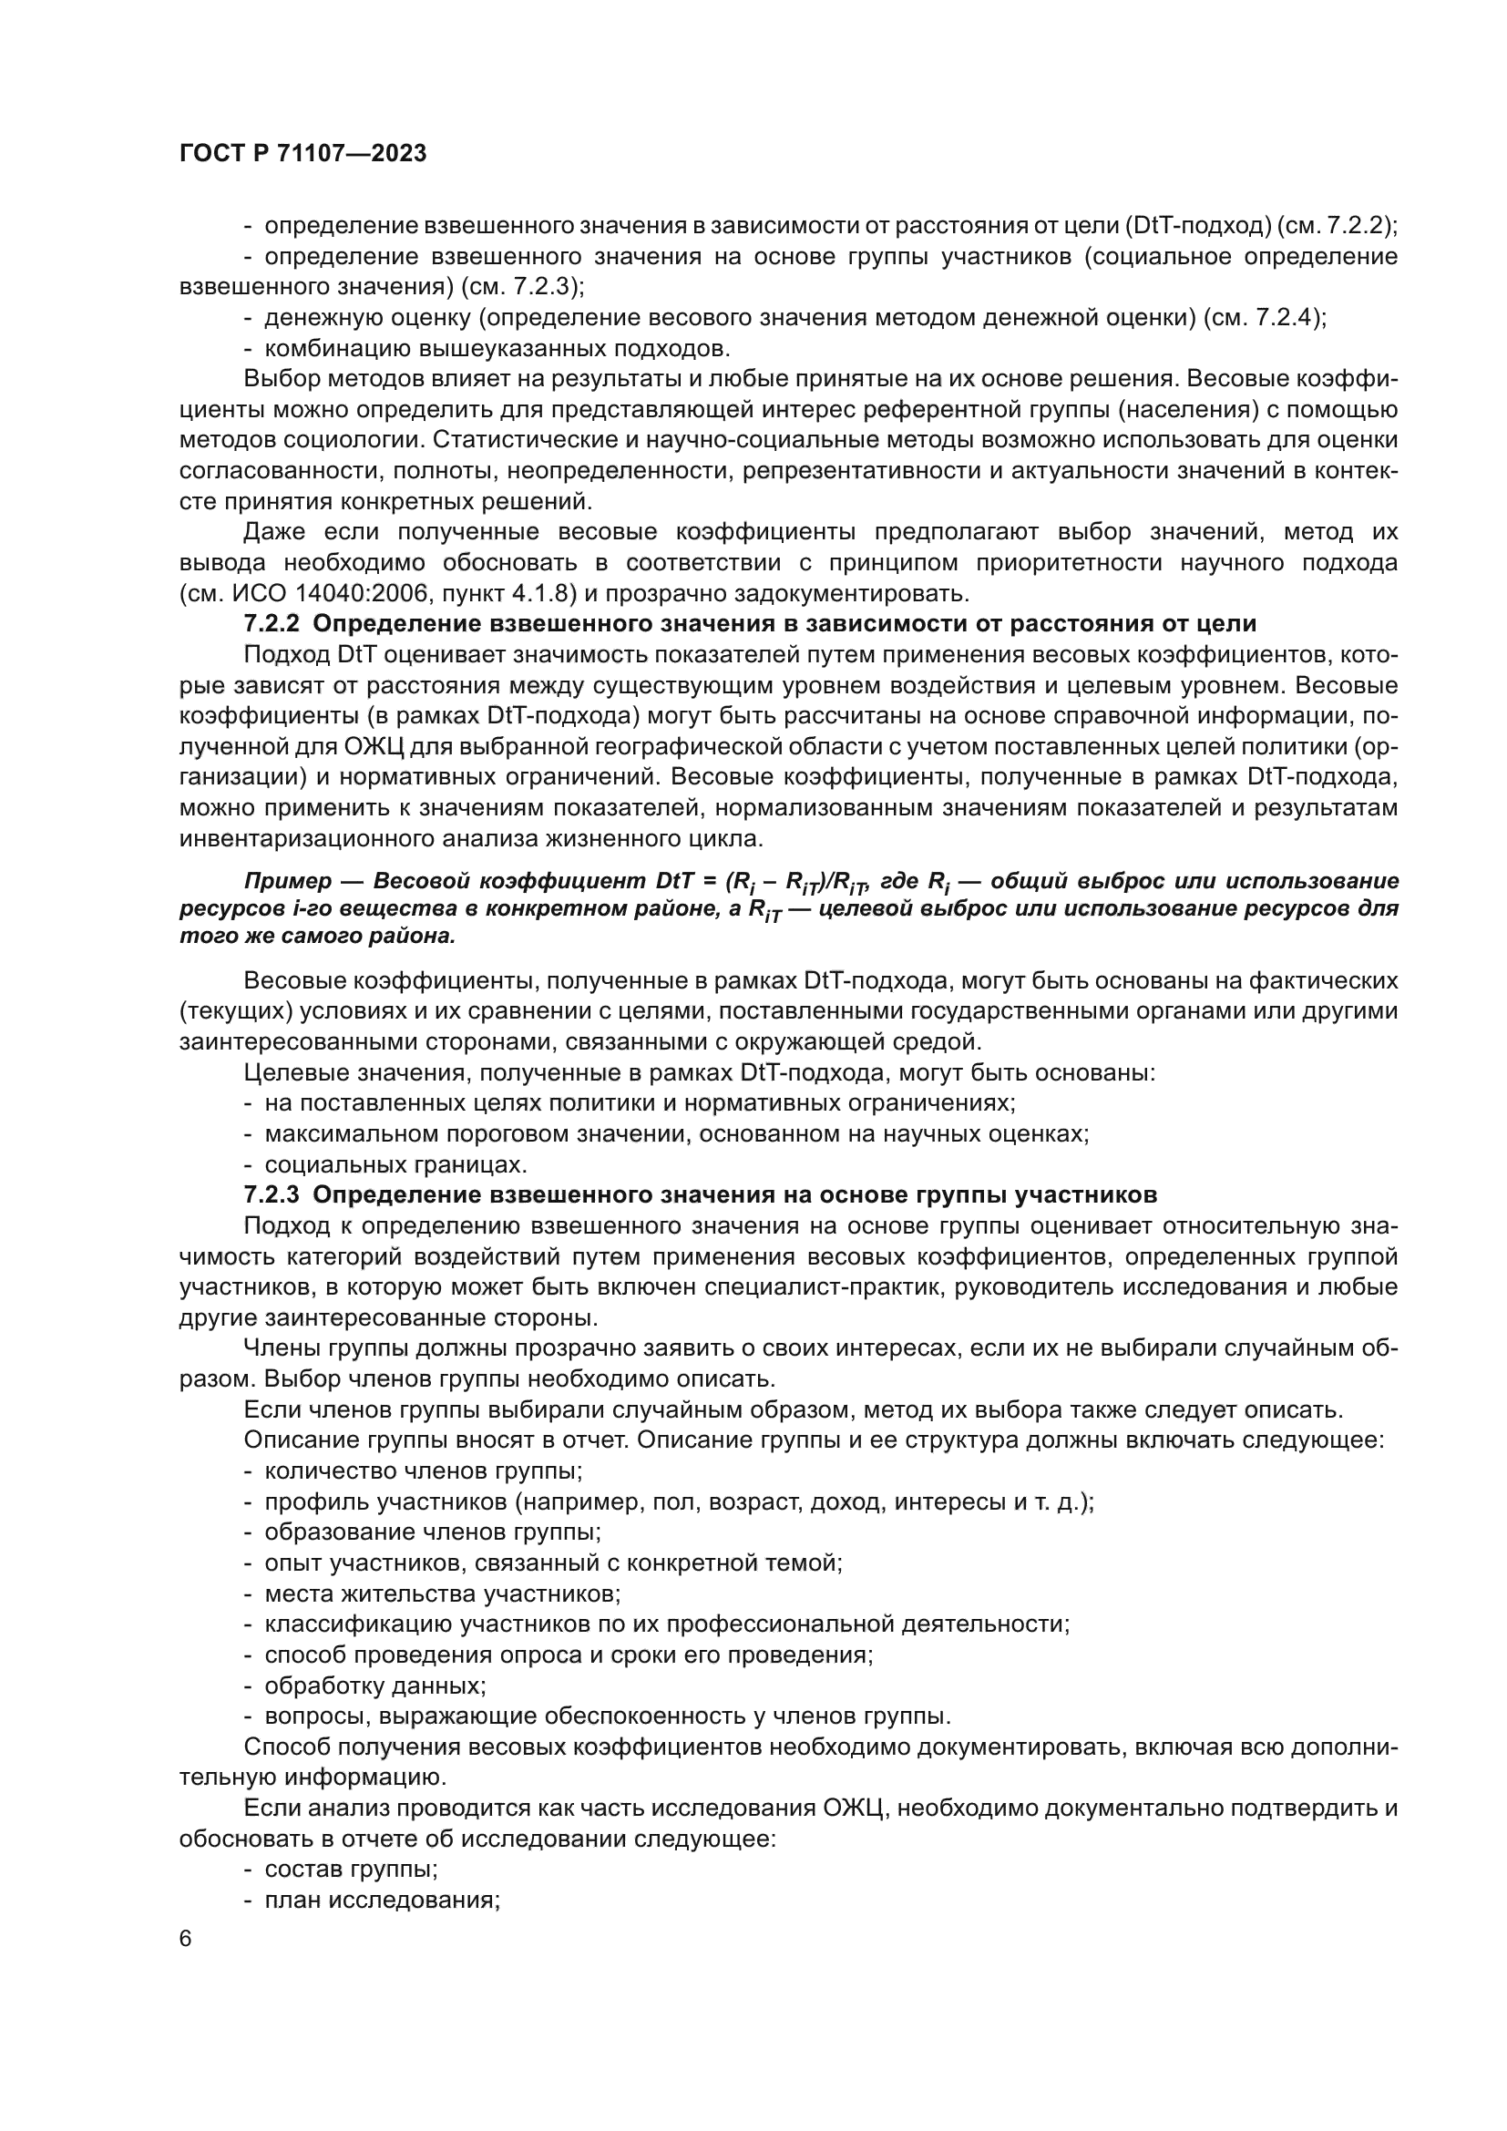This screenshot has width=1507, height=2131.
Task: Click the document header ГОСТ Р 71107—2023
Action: tap(302, 154)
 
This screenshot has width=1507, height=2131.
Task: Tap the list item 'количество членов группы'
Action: tap(423, 1470)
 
